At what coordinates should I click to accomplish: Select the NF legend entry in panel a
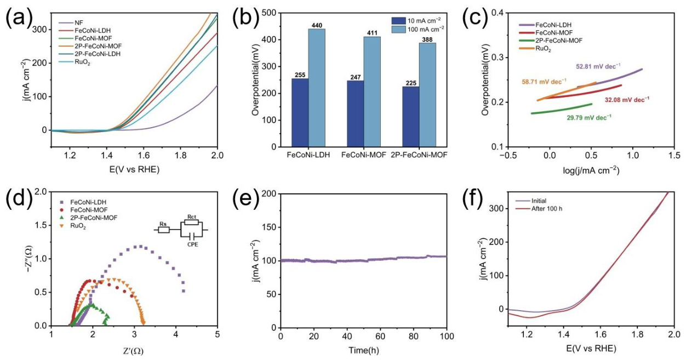71,22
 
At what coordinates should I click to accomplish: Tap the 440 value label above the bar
317,25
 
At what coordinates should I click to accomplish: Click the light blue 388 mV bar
427,95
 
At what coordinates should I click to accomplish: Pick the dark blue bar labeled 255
300,113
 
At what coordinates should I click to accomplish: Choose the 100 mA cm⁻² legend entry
418,30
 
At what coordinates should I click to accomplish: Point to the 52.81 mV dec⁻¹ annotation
598,66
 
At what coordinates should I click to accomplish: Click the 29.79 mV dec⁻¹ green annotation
589,117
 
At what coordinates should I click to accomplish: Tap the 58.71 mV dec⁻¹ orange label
544,82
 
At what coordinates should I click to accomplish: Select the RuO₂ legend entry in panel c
535,49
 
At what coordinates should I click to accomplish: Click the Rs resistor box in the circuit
164,230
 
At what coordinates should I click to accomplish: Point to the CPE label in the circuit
193,244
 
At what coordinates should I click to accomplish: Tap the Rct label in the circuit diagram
192,216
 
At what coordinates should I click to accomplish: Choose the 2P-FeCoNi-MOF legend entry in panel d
89,218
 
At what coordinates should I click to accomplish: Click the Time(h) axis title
364,350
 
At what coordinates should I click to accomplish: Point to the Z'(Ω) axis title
133,351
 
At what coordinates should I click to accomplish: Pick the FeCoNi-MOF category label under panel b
364,155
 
